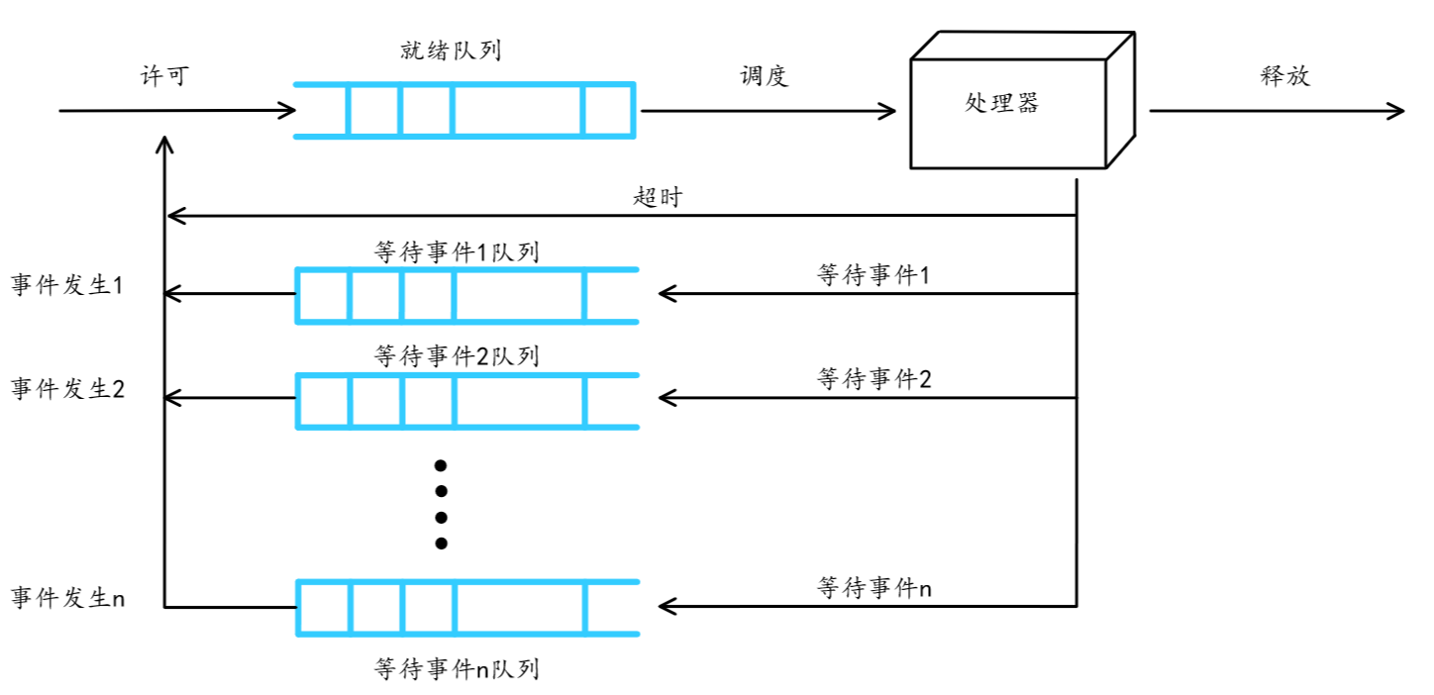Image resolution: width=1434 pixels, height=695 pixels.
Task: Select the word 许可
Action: [x=163, y=77]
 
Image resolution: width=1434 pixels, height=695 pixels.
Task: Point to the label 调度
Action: [x=765, y=77]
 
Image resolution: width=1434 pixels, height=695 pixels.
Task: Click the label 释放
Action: [x=1285, y=77]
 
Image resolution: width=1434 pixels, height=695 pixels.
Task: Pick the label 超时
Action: [x=658, y=196]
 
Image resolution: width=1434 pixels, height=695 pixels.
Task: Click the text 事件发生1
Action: [x=66, y=286]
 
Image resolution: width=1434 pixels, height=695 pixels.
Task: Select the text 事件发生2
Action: [x=66, y=389]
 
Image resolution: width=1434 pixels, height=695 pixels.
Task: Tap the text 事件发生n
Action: [x=67, y=598]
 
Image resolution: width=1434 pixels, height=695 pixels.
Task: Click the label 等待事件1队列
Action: [x=457, y=251]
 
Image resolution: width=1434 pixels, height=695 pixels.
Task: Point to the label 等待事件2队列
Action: [x=457, y=355]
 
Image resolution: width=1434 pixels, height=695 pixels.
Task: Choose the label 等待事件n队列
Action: [x=457, y=669]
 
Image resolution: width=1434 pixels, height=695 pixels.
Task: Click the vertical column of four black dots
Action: [x=442, y=504]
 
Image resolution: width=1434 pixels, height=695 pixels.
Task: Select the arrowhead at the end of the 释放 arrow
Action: [x=1396, y=111]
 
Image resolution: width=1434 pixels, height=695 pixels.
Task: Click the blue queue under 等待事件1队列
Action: [x=466, y=295]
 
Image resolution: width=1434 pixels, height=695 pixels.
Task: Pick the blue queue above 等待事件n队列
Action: [x=466, y=607]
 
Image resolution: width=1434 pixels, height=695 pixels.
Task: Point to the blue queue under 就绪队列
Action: [x=464, y=110]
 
